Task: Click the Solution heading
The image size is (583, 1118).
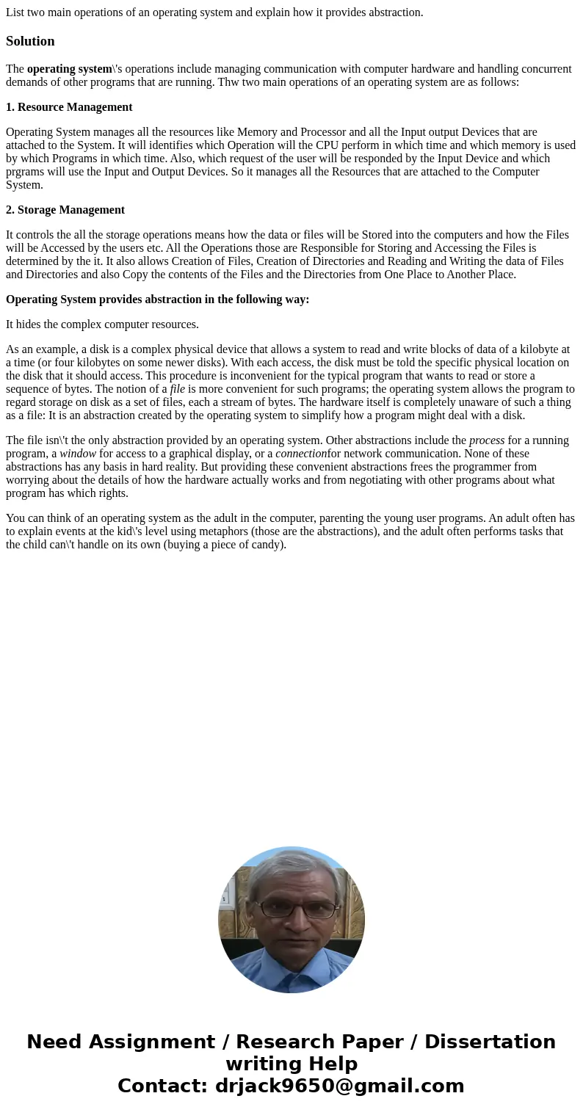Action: pos(30,41)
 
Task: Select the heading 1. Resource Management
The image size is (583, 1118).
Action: pos(69,107)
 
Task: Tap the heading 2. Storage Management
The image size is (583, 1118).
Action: pos(65,210)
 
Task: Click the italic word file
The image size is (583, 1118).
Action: pos(177,389)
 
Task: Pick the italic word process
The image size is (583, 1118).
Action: pos(487,440)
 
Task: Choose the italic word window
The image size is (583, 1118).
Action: pos(78,454)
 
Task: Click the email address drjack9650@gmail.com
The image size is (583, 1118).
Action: pos(339,1086)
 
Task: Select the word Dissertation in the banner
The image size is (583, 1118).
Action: pos(490,1042)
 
